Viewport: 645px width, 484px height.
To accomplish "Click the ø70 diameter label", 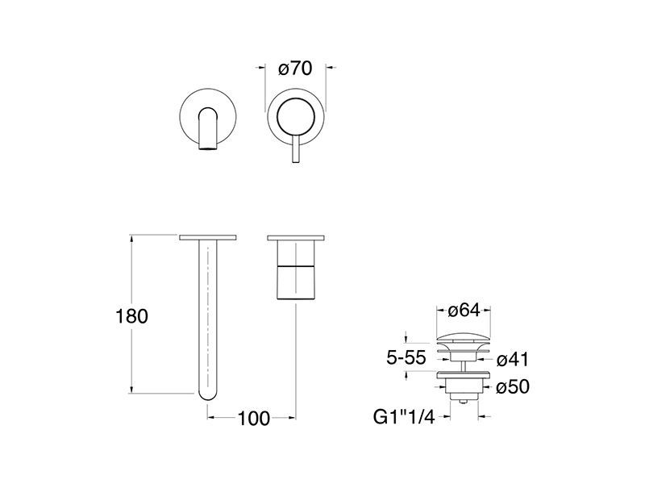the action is click(295, 69).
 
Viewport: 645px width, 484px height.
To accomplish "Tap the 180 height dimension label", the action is click(131, 316).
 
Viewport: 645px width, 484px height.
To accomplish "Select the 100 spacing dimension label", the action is click(254, 419).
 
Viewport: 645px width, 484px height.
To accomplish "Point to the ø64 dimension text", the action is click(464, 311).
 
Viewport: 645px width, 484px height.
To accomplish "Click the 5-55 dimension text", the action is click(406, 357).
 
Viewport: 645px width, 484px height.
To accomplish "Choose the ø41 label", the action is click(512, 360).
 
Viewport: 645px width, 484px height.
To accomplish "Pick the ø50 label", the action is click(513, 387).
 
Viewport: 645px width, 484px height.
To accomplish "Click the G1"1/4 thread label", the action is click(404, 417).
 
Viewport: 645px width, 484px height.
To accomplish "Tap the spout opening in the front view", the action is click(208, 148).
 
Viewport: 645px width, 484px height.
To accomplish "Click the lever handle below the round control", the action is click(295, 148).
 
